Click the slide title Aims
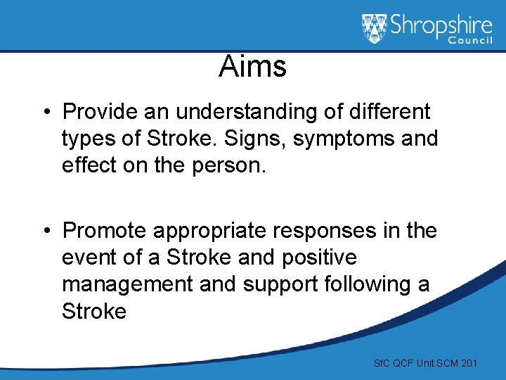(x=252, y=67)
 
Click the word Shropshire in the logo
(x=441, y=26)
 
